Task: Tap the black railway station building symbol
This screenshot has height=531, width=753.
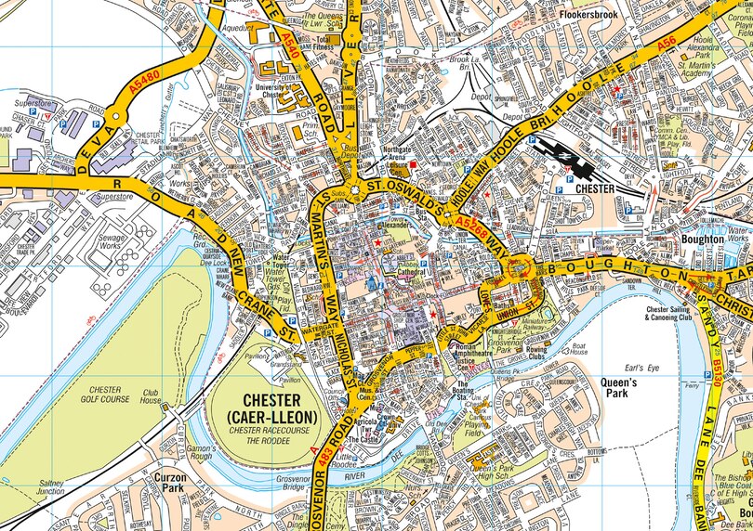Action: tap(577, 168)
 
